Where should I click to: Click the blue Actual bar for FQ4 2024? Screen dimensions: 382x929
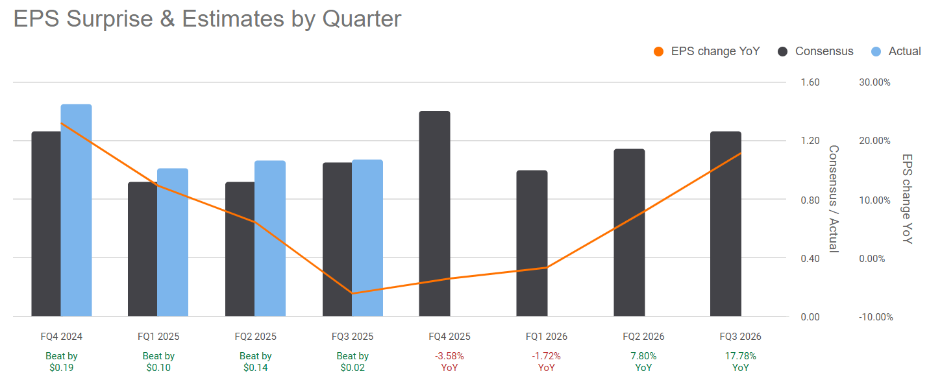click(76, 210)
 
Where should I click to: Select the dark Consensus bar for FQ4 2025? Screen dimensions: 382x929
click(434, 214)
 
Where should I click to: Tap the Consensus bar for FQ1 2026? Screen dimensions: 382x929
click(532, 243)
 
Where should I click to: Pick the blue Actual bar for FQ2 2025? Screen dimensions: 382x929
click(269, 238)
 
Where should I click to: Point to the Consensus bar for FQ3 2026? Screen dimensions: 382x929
click(725, 224)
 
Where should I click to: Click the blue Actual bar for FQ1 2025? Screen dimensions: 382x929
click(173, 242)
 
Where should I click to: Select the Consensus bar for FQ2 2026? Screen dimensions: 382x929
click(629, 233)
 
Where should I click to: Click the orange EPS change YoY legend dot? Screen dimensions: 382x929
click(659, 52)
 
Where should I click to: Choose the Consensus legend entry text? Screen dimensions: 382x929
click(824, 52)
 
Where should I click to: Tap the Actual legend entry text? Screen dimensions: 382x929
click(904, 52)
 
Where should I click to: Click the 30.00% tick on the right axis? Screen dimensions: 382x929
click(874, 82)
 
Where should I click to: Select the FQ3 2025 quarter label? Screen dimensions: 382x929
click(353, 337)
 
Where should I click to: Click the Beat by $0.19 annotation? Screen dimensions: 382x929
click(62, 362)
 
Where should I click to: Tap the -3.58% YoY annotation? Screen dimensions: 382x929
click(449, 362)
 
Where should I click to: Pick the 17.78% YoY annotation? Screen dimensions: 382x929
click(740, 362)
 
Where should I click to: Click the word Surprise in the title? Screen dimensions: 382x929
click(114, 19)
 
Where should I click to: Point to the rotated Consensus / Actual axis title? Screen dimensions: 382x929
click(833, 199)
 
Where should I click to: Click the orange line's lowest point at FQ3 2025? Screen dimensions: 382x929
click(353, 293)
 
